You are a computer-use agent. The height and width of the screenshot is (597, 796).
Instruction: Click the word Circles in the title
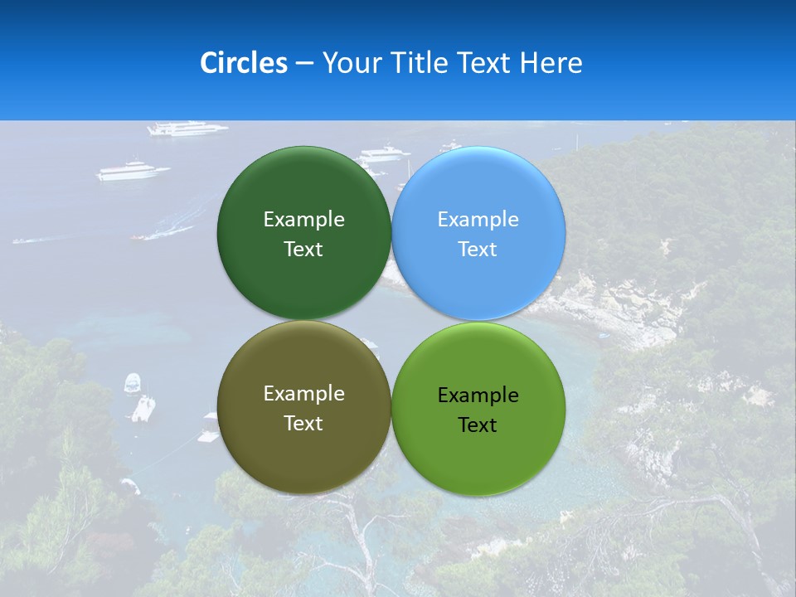coord(244,63)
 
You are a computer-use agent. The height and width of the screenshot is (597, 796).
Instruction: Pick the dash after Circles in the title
coord(304,64)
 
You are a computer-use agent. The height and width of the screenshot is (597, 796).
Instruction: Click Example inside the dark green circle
coord(303,219)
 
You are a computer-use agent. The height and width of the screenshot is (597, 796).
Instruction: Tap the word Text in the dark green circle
coord(303,249)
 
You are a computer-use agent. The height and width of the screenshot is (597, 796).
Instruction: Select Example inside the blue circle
coord(478,219)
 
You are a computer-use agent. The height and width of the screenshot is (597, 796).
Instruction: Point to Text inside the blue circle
coord(478,249)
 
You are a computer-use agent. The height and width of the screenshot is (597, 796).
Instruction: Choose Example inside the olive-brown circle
coord(303,393)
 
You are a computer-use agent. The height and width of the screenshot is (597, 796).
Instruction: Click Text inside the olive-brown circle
coord(303,423)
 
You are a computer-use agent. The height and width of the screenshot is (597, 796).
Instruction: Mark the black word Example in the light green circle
coord(478,395)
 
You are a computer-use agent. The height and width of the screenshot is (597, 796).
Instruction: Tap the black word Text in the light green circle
coord(478,425)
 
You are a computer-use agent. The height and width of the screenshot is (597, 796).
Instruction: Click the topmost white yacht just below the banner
coord(187,129)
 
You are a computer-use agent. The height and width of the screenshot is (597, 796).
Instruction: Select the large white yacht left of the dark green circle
coord(133,172)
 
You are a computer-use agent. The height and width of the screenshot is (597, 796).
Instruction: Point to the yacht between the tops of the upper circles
coord(383,153)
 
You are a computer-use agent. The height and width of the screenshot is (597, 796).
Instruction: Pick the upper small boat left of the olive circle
coord(133,383)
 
